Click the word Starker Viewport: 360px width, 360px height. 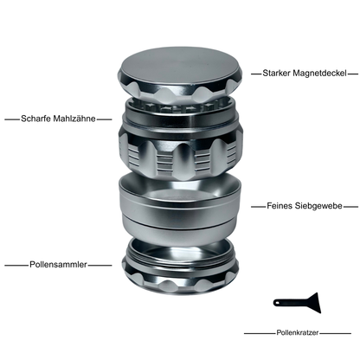[x=275, y=74]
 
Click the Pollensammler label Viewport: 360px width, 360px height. [x=56, y=264]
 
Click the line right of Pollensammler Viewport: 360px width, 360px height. [x=100, y=264]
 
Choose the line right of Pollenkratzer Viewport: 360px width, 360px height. [x=338, y=332]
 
